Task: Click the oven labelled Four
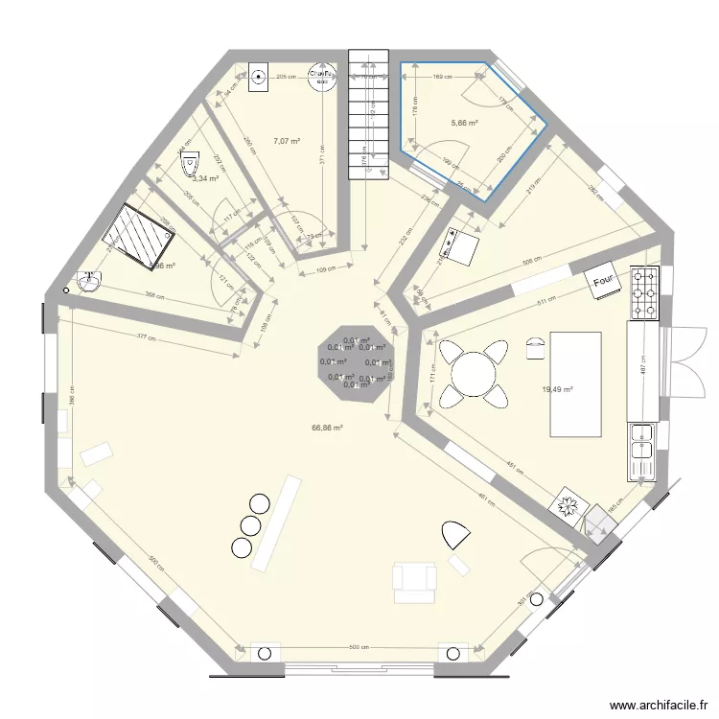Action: point(603,281)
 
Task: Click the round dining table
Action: point(471,373)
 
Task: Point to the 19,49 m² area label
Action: point(558,390)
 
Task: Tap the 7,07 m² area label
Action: point(286,141)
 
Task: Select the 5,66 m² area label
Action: point(464,123)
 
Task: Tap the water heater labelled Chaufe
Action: point(318,75)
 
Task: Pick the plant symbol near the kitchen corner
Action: point(568,506)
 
